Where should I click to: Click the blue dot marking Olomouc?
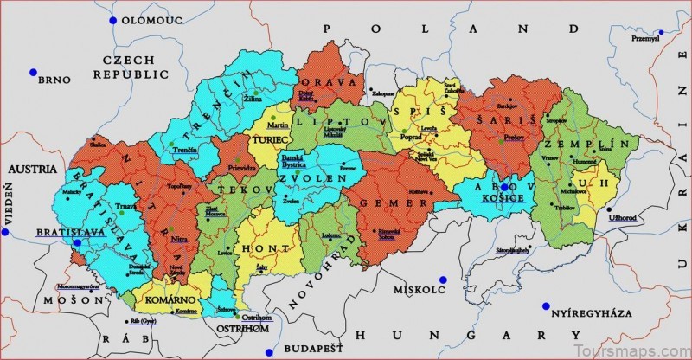pyautogui.click(x=112, y=19)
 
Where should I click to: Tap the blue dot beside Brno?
pyautogui.click(x=32, y=72)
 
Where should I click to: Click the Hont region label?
pyautogui.click(x=269, y=248)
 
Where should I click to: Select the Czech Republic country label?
pyautogui.click(x=128, y=67)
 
